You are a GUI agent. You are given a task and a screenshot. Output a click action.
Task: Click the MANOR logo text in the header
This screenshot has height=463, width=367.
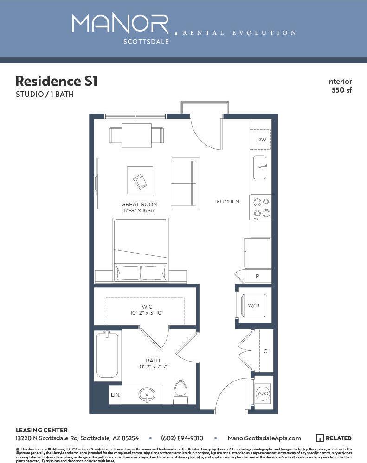tap(120, 24)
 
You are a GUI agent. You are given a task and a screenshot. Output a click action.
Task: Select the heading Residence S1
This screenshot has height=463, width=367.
tap(56, 81)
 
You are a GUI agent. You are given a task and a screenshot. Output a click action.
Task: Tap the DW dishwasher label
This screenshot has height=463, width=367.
tap(261, 140)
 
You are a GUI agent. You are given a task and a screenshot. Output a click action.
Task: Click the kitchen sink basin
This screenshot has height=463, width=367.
tap(260, 167)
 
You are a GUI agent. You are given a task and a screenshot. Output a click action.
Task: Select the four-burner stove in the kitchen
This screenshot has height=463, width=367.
tap(261, 208)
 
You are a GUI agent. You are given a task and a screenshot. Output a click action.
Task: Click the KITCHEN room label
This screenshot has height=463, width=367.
tap(228, 202)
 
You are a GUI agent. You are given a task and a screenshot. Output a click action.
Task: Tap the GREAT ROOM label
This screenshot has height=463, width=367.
tap(139, 204)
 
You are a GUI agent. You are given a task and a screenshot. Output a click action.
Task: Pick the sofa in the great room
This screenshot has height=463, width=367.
tap(185, 183)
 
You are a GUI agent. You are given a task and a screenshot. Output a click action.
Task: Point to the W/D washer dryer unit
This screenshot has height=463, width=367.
tap(253, 305)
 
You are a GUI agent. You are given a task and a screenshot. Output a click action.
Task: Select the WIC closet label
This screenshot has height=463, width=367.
tap(146, 307)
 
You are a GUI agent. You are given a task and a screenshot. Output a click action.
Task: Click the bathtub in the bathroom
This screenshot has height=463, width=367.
tap(107, 355)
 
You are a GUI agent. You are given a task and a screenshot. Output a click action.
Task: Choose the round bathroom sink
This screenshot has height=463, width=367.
tap(148, 395)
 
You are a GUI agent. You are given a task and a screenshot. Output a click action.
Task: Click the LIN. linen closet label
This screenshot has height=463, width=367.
tap(115, 395)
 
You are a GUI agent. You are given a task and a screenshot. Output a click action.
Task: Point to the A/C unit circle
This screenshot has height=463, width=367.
tap(263, 393)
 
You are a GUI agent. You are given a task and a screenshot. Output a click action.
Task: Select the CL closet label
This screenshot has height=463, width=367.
tap(267, 351)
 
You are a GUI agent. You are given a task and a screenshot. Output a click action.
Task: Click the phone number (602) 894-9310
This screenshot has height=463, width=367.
tap(182, 438)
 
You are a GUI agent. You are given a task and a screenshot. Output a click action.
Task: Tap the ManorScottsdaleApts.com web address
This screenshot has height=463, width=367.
tap(264, 438)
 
